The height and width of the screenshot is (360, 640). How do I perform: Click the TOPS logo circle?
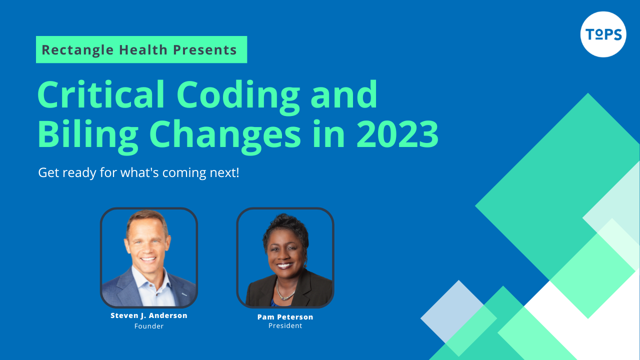coord(603,34)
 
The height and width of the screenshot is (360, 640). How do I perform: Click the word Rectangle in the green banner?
coord(77,50)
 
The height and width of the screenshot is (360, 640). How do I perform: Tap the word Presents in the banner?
coord(205,49)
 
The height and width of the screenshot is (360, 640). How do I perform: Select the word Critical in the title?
coord(101,94)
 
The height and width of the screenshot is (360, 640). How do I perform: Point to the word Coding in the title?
coord(238,97)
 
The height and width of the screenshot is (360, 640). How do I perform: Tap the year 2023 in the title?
coord(397,133)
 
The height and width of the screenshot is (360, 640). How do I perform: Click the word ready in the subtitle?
coord(79,173)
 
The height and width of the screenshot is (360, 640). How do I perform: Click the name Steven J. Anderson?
coord(149,315)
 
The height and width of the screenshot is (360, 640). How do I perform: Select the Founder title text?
coord(149,326)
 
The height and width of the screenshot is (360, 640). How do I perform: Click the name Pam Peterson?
coord(285,317)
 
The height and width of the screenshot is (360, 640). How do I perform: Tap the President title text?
coord(285,325)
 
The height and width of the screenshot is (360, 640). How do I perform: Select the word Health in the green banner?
coord(143,49)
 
